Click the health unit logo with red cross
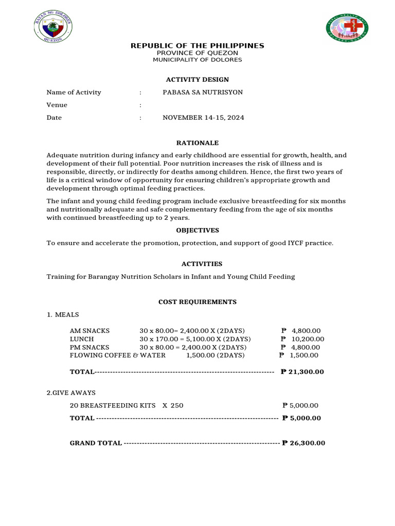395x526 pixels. click(347, 28)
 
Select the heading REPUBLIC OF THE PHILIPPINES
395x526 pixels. click(197, 46)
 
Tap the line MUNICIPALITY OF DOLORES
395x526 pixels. click(197, 60)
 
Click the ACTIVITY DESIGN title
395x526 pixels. click(197, 80)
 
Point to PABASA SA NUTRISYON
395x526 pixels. click(203, 92)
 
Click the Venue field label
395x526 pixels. click(57, 105)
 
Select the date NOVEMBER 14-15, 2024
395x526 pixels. click(203, 118)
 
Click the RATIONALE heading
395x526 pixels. click(197, 143)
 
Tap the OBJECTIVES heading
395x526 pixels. click(197, 230)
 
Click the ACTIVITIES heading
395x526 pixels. click(197, 264)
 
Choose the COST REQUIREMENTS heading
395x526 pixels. click(197, 302)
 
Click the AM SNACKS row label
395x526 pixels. click(89, 330)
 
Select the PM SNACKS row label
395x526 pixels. click(89, 347)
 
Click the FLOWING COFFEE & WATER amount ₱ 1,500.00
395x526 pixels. click(299, 355)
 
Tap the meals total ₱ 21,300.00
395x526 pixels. click(302, 372)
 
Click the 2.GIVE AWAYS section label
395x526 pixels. click(71, 392)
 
